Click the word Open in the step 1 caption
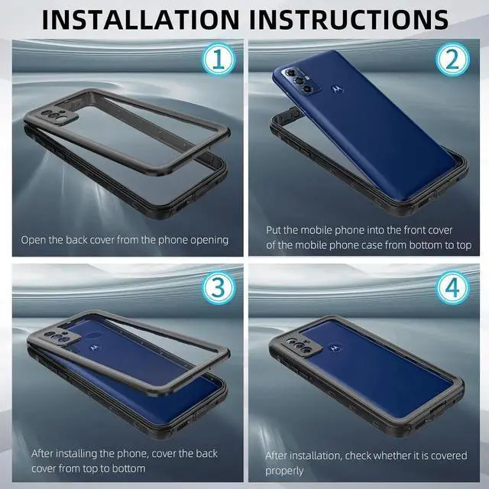coord(34,240)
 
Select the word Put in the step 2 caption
coord(275,229)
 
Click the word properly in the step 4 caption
coord(286,471)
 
